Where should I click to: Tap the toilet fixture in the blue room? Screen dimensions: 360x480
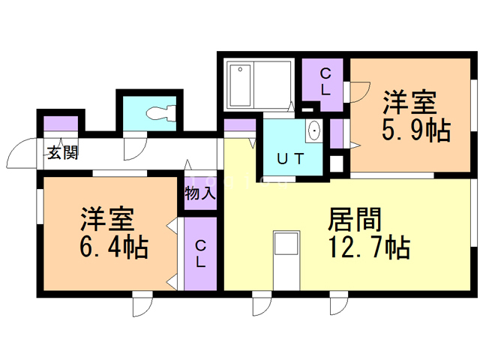(x=161, y=114)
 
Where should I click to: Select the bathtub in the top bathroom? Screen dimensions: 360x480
(x=241, y=84)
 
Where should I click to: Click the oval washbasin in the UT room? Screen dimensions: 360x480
(x=314, y=131)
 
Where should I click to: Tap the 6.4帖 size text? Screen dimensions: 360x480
(x=113, y=245)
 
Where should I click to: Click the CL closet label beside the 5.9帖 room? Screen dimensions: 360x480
(x=325, y=81)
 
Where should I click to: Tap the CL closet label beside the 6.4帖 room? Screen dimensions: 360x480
(x=201, y=253)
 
